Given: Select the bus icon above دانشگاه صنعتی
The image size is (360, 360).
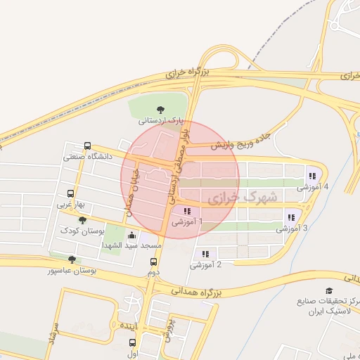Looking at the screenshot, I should tap(86, 146).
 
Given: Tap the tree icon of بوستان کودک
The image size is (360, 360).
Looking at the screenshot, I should tap(82, 220).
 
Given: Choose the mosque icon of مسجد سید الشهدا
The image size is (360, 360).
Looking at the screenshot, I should tap(134, 236).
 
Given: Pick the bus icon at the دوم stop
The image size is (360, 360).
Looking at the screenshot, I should tap(153, 262).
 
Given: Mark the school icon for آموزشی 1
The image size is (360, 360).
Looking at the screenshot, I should tap(186, 211).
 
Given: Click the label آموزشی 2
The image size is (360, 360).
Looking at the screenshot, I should tap(206, 264).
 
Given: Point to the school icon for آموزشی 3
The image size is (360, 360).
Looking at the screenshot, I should tap(292, 217).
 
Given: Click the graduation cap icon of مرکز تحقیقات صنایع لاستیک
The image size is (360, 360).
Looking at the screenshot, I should tap(328, 290).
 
